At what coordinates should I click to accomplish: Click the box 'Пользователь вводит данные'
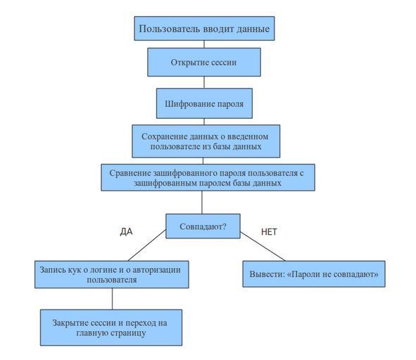coord(204,28)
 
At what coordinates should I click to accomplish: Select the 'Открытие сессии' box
coord(204,63)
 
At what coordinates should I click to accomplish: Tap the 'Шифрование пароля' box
coord(204,103)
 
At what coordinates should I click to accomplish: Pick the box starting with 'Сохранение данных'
coord(206,141)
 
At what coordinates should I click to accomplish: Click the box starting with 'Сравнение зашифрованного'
coord(208,177)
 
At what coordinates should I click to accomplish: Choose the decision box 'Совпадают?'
coord(203,226)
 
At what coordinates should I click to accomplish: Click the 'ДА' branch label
coord(126,232)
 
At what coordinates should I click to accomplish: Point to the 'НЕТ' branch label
coord(269,232)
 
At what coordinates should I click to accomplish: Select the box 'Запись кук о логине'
coord(112,274)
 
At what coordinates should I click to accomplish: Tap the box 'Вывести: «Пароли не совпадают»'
coord(314,274)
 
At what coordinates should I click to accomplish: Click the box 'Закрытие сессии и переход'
coord(111,328)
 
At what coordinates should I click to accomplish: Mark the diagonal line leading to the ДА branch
coord(146,245)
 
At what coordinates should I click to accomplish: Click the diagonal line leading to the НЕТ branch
coord(263,247)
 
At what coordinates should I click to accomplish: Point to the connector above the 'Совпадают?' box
coord(202,202)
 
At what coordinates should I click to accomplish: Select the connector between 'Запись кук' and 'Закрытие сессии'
coord(112,299)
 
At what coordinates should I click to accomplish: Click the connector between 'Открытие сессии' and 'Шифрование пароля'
coord(204,82)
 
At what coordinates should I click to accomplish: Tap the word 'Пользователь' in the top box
coord(169,29)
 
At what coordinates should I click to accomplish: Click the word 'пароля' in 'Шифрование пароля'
coord(230,103)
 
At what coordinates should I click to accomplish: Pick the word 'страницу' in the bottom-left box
coord(128,333)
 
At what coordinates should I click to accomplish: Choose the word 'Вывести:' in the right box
coord(267,274)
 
